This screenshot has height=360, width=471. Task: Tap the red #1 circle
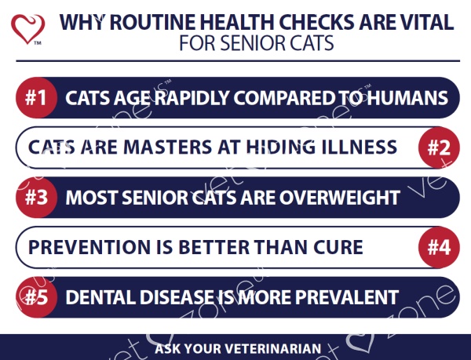tap(36, 97)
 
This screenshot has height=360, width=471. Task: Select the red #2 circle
tap(439, 147)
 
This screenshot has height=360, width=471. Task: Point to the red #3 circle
tap(36, 198)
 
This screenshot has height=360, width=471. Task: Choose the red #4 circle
tap(439, 247)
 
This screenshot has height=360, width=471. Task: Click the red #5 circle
tap(36, 297)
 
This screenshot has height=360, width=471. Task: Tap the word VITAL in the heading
tap(430, 22)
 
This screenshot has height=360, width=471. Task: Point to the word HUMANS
tap(407, 98)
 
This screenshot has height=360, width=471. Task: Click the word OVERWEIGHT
tap(340, 198)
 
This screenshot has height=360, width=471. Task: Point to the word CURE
tap(338, 247)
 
